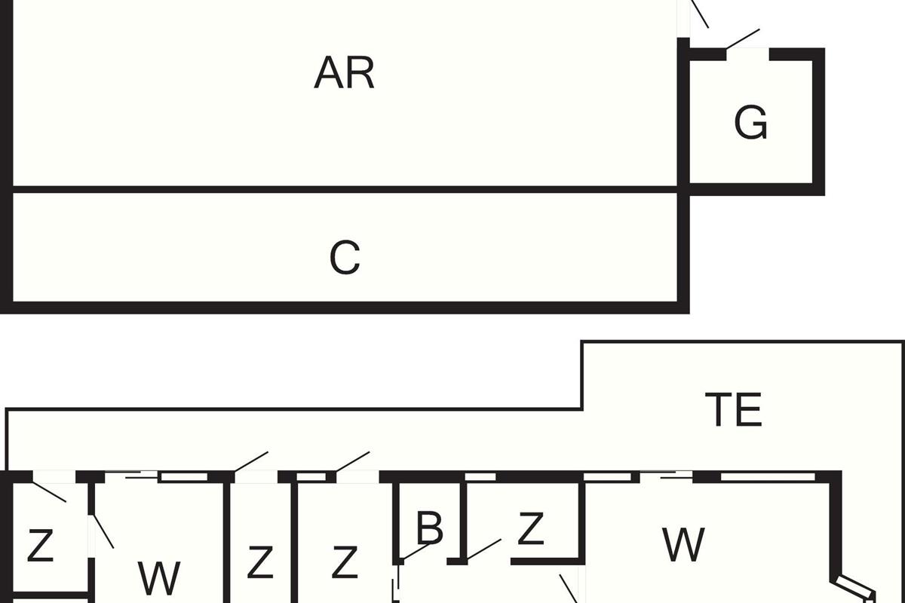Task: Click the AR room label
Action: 344,74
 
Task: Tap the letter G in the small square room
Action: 750,123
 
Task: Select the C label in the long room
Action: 345,258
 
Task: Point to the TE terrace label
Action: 733,411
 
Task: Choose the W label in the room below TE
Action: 683,544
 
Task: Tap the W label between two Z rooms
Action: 159,578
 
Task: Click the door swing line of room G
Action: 742,40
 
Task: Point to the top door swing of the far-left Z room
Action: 50,491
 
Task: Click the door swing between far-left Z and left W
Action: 102,531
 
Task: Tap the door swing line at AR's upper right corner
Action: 701,14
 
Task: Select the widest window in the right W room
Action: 768,476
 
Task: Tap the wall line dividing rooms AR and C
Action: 345,189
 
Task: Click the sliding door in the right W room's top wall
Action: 667,475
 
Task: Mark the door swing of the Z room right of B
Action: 483,549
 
